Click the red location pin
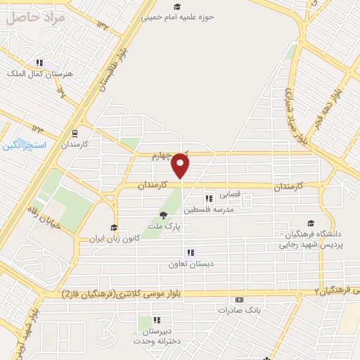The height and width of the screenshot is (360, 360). tap(181, 165)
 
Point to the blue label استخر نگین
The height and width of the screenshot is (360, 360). tap(24, 145)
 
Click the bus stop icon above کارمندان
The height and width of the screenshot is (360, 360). tap(75, 131)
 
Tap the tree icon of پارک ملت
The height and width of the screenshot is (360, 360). tap(163, 216)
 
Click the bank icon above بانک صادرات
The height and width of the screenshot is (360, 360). tap(239, 299)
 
